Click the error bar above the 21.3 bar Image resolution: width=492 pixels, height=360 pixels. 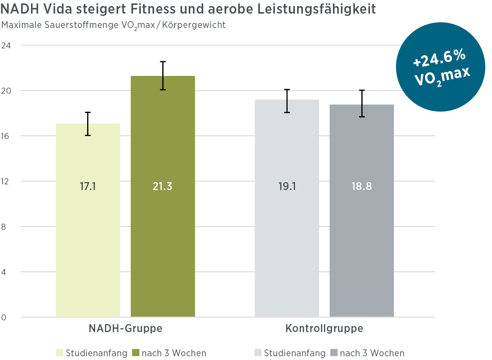163,76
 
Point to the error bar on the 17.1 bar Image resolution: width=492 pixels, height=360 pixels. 88,124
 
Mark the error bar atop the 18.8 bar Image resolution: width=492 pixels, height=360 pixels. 362,104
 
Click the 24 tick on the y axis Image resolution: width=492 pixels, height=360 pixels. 6,45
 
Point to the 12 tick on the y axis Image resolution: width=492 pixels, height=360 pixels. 5,181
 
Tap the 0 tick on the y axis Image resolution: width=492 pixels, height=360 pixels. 4,317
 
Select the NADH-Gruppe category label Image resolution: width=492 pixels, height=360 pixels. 125,328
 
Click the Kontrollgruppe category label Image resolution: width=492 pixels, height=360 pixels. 324,328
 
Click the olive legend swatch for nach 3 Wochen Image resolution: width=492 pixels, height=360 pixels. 136,353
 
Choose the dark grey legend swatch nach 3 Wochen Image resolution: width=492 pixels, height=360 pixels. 334,353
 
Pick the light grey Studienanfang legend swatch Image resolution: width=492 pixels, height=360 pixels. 258,353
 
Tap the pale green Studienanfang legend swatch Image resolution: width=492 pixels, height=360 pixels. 60,353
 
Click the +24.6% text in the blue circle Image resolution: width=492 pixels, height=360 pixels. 439,59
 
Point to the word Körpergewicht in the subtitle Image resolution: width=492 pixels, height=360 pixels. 194,25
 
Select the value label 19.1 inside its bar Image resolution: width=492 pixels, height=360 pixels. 287,186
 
